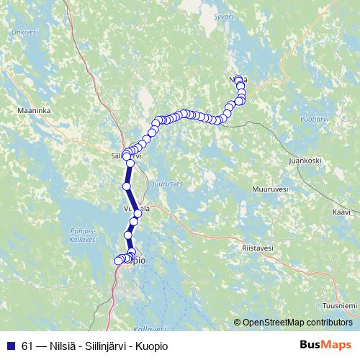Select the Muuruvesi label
pyautogui.click(x=270, y=189)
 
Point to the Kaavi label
pyautogui.click(x=341, y=212)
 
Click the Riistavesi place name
pyautogui.click(x=257, y=248)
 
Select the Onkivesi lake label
pyautogui.click(x=24, y=32)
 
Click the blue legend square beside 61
pyautogui.click(x=9, y=345)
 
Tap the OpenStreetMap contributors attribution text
pyautogui.click(x=297, y=322)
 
